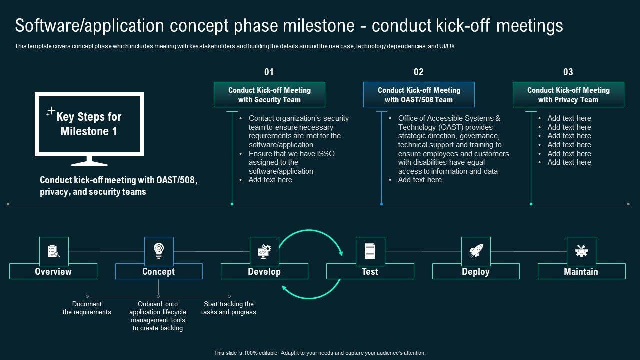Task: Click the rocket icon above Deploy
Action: (x=476, y=251)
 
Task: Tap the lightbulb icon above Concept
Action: (x=159, y=251)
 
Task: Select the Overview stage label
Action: (x=53, y=271)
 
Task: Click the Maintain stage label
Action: (x=581, y=271)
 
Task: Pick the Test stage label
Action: (x=370, y=271)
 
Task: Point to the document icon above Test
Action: (x=370, y=251)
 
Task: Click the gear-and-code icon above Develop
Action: (x=264, y=251)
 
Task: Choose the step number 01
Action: (x=269, y=72)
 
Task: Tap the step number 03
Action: (x=568, y=72)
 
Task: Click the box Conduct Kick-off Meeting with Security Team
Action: (x=269, y=95)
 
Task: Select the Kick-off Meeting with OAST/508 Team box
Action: (x=419, y=95)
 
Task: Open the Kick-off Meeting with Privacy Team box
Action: (x=568, y=95)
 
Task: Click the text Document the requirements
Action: (x=87, y=308)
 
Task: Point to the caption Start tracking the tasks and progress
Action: (x=229, y=308)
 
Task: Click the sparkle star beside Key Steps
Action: (x=50, y=112)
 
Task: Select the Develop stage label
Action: (x=264, y=271)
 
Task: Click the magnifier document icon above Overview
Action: (x=53, y=251)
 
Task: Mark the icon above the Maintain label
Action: (x=581, y=251)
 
